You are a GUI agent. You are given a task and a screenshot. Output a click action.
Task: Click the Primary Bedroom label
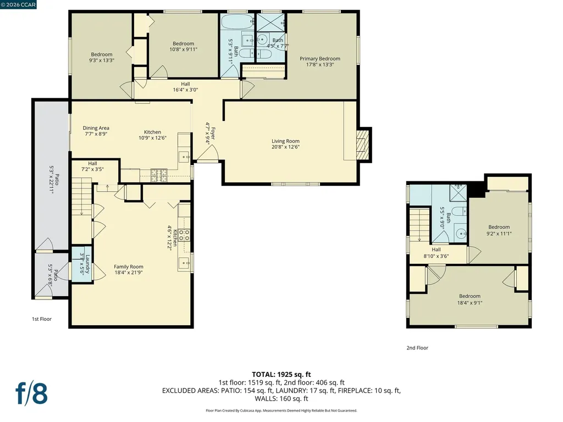click(x=319, y=59)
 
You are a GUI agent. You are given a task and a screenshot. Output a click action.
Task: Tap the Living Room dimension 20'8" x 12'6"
click(x=285, y=148)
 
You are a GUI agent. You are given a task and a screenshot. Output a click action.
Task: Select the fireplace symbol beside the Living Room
click(x=361, y=144)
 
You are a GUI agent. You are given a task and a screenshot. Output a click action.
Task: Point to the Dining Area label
click(x=96, y=128)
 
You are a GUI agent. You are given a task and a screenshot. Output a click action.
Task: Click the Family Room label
click(x=128, y=266)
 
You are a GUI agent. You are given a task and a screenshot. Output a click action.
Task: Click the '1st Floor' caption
click(x=41, y=319)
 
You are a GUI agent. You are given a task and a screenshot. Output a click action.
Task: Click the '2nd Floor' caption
click(x=417, y=348)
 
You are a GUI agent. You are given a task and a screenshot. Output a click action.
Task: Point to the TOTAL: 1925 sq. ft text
click(x=281, y=374)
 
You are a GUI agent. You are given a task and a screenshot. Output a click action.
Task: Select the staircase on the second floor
click(x=420, y=223)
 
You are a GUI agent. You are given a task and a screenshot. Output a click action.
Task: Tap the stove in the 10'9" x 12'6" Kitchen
click(x=160, y=175)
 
